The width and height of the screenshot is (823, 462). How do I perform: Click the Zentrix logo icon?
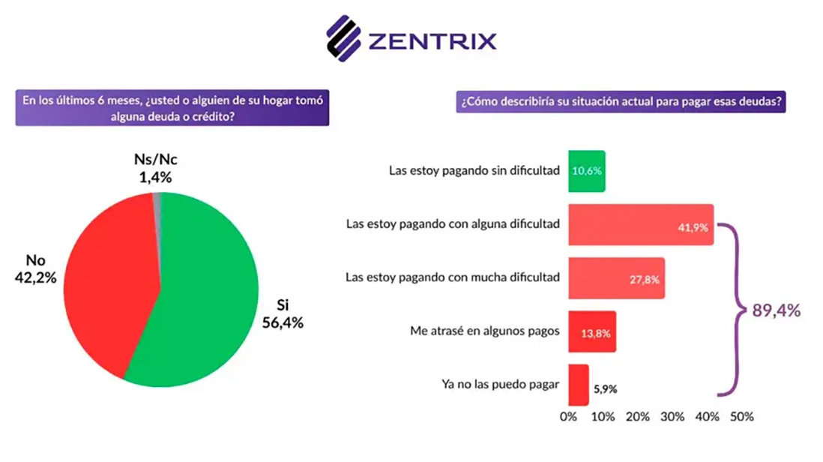click(344, 38)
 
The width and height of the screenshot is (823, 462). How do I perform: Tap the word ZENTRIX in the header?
click(432, 40)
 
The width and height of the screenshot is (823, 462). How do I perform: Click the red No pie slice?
click(105, 285)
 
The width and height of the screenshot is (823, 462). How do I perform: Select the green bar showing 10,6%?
click(586, 170)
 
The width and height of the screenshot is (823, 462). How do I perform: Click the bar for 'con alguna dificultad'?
click(641, 224)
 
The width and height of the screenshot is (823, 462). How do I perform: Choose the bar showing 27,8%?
click(616, 278)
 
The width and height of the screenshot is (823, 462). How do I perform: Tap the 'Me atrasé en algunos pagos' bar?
click(592, 331)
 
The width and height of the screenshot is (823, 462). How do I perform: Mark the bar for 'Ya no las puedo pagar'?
click(578, 385)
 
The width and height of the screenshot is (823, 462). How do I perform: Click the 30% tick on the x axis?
click(672, 417)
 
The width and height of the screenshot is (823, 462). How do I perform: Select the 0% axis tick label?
click(569, 417)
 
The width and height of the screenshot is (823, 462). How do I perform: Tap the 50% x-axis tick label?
click(741, 417)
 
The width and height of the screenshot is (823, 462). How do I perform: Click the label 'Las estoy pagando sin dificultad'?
click(474, 170)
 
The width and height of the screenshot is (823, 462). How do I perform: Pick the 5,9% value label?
click(606, 389)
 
